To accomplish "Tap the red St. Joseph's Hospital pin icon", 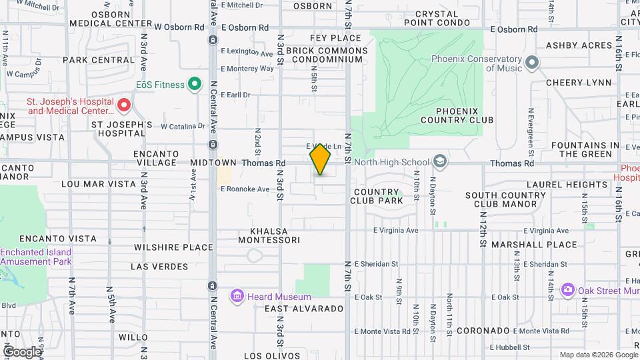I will point(123,105).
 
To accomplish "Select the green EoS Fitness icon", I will point(195,84).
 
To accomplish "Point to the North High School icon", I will point(439,161).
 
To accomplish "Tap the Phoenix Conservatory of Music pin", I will point(531,63).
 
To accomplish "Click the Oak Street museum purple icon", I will point(568,289).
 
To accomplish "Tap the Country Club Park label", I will point(377,196).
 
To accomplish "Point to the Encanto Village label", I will point(156,158).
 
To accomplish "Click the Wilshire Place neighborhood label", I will point(173,247).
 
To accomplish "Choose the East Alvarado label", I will point(303,309).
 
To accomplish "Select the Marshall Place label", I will point(534,245).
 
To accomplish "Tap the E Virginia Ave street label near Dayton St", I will point(395,230).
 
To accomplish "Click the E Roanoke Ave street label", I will point(245,189).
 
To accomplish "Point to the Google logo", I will point(22,351).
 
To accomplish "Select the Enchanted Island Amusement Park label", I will point(36,257).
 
